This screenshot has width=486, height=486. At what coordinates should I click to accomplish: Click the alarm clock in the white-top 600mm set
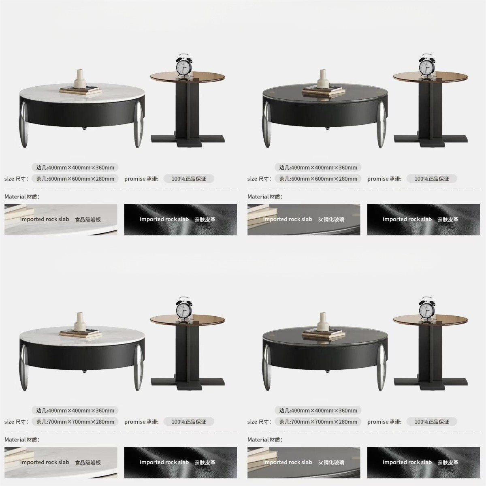(x=183, y=66)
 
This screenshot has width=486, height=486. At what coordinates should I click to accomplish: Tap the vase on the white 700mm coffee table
(x=81, y=324)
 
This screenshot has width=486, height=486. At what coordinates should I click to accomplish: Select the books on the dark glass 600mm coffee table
(x=324, y=91)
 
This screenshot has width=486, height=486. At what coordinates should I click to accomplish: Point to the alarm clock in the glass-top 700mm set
(x=426, y=309)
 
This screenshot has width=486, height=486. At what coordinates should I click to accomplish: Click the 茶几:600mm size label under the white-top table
(x=75, y=179)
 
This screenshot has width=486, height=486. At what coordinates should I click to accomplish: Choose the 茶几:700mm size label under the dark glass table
(x=318, y=422)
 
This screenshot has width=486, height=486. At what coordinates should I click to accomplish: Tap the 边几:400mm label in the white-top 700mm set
(x=75, y=410)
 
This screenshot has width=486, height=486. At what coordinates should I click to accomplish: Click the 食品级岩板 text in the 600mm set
(x=88, y=220)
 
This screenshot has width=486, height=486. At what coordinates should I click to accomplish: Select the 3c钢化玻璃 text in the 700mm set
(x=331, y=462)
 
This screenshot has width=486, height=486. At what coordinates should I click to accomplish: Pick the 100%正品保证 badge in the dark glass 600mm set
(x=431, y=179)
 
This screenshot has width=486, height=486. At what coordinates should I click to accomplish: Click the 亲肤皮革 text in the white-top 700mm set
(x=205, y=462)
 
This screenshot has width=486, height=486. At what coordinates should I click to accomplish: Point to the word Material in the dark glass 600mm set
(x=258, y=197)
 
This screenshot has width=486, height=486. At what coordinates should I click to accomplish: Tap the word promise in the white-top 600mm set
(x=135, y=179)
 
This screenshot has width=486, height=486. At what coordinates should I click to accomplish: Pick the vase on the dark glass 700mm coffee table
(x=323, y=324)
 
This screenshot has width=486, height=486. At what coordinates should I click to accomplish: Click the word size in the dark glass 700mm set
(x=252, y=422)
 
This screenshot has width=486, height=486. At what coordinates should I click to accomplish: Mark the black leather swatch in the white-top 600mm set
(x=181, y=220)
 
